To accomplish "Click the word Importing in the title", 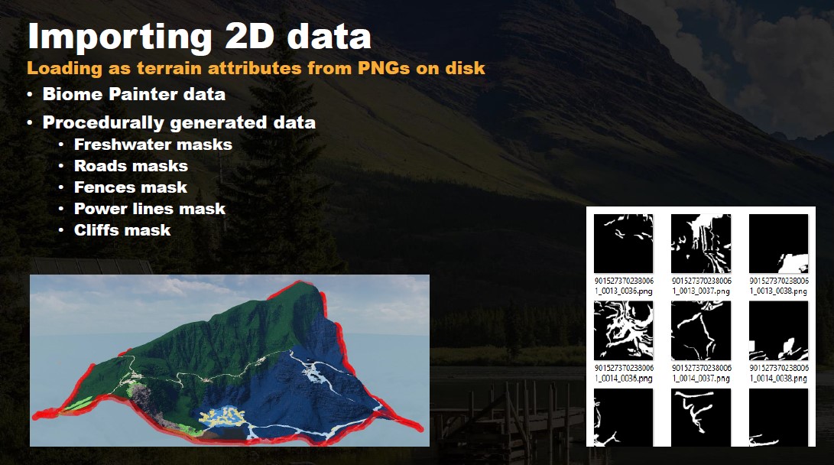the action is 120,37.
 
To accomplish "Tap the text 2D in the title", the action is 250,36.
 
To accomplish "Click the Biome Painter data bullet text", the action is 134,94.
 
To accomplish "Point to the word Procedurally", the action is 103,123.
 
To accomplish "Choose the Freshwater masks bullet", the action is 153,145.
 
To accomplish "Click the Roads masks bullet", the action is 131,166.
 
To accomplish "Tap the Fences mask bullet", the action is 130,187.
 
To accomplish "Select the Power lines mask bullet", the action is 150,209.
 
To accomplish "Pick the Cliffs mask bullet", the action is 122,230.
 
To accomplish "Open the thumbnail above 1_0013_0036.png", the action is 623,244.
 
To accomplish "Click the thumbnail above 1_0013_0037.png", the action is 701,244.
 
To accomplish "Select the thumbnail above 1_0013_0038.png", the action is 779,244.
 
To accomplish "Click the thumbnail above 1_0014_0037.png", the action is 701,331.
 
